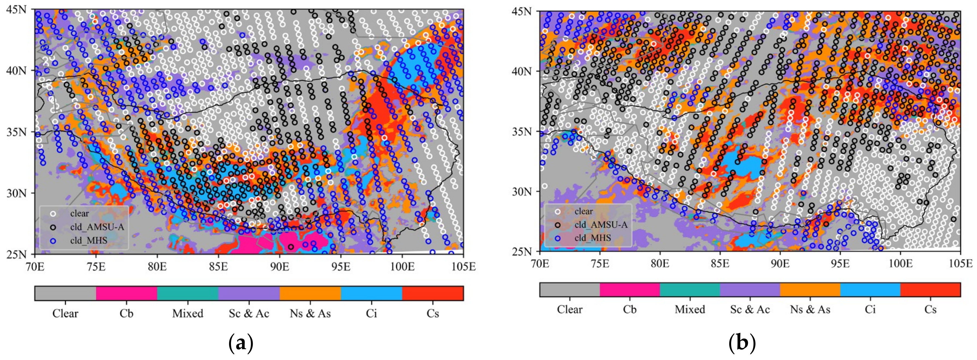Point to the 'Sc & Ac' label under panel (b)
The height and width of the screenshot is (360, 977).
750,310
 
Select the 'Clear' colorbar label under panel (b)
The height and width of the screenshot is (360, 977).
570,310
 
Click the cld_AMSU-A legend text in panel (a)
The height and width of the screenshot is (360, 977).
97,227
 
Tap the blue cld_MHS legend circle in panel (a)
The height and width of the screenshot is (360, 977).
53,240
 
